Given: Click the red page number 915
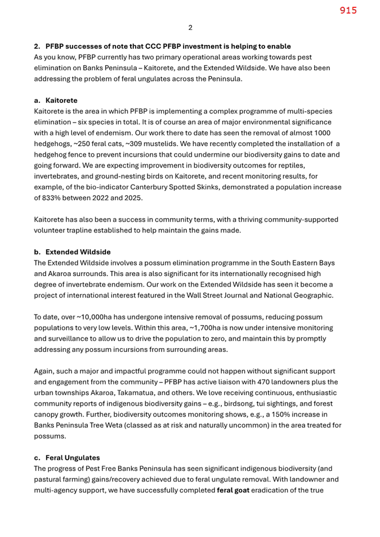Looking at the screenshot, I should tap(348, 10).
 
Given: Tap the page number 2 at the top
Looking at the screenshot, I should tap(190, 28).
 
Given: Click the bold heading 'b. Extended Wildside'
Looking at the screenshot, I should tap(74, 252).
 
